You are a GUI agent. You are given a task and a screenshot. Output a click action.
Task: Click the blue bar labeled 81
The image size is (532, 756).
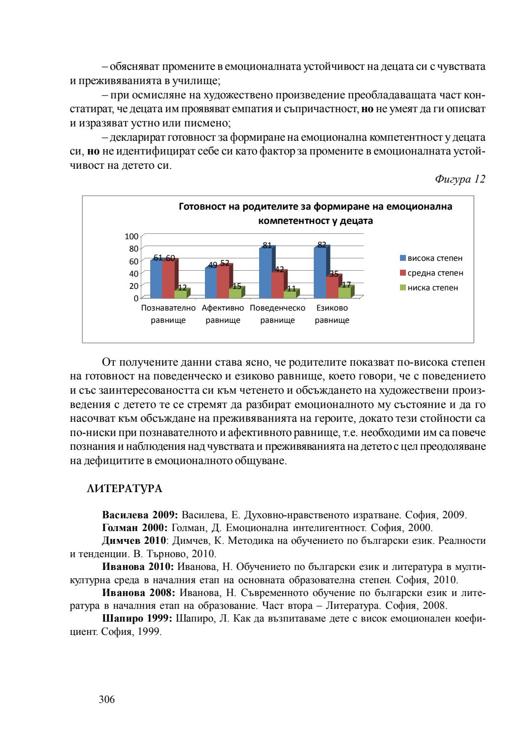(x=265, y=273)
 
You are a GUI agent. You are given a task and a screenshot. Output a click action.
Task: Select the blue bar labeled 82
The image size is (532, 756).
(x=320, y=273)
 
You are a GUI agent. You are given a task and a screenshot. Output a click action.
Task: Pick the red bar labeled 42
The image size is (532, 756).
(x=277, y=285)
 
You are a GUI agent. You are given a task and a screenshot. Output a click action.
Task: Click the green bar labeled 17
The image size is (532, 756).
(x=344, y=293)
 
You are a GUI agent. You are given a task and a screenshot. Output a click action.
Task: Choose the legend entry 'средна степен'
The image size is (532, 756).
(x=431, y=273)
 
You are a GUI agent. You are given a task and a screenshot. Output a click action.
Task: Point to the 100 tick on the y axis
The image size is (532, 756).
(x=132, y=237)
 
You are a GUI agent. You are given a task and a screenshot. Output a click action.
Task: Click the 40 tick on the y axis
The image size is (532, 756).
(x=133, y=274)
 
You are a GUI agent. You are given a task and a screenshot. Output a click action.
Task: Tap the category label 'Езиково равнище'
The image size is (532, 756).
(x=332, y=314)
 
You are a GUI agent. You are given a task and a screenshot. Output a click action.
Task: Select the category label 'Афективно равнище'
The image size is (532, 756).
(x=223, y=314)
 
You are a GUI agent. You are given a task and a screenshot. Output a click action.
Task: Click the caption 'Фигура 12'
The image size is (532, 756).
(x=460, y=179)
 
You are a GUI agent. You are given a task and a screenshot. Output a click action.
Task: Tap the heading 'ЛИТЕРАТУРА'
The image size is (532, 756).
(x=124, y=489)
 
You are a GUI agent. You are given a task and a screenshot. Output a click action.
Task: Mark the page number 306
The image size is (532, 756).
(x=107, y=699)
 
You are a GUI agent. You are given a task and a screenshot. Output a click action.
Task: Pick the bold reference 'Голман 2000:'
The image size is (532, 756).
(x=134, y=528)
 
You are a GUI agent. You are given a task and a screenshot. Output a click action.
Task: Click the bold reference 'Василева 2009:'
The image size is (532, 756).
(x=139, y=515)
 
